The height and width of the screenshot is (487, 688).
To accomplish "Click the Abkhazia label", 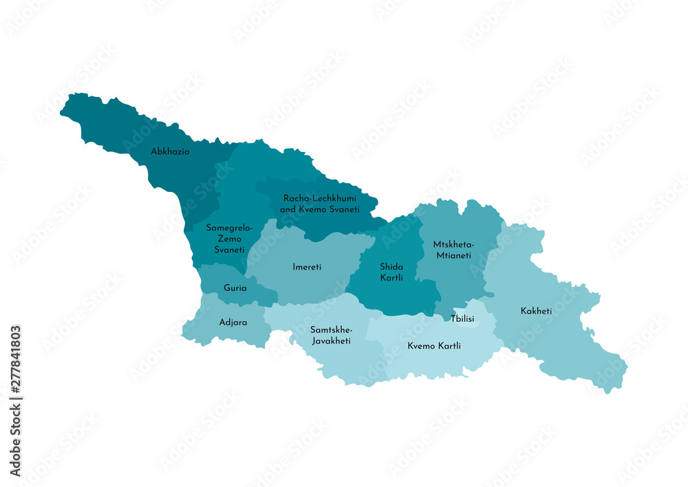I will click(170, 151).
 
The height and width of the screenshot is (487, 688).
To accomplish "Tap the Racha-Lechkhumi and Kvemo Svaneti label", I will click(320, 203).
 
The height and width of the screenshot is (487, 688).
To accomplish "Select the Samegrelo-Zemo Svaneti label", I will click(229, 239).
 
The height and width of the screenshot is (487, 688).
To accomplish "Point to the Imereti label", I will click(307, 267).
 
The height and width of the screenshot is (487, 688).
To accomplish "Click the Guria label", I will click(235, 288).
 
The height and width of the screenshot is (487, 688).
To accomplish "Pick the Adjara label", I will click(233, 322).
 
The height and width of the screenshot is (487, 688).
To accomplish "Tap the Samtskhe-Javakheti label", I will click(331, 335).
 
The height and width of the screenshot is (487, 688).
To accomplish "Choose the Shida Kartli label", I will click(391, 272).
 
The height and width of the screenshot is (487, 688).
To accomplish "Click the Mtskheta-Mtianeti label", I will click(453, 250).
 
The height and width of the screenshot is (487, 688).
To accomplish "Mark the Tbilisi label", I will click(462, 318).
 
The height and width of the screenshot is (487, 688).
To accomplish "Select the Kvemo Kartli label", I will click(434, 346).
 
